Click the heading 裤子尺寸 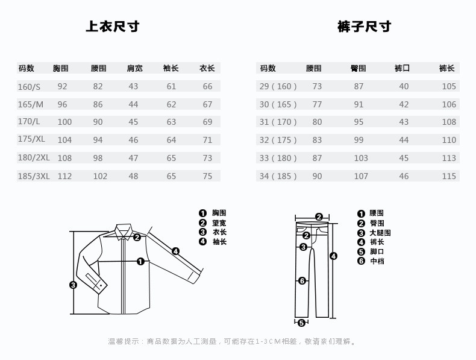point(364,27)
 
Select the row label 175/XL point(32,140)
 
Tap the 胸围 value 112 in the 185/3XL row point(64,176)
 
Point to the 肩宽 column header point(134,68)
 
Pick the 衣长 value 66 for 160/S point(207,86)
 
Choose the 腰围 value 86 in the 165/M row point(98,104)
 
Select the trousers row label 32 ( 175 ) point(278,140)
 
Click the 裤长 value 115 point(448,176)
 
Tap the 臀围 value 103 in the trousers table point(361,158)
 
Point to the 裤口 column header point(402,68)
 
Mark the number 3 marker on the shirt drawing point(73,285)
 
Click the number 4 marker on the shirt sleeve point(175,251)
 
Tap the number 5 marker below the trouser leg point(301,322)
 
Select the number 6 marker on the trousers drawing point(302,280)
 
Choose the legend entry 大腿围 point(380,233)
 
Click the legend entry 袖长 point(219,242)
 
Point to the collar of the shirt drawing point(124,230)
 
